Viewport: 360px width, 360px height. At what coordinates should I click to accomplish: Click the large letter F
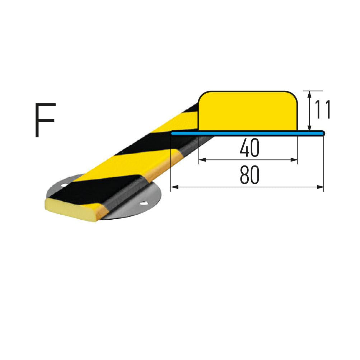(45, 120)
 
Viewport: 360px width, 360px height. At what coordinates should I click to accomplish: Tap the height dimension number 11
(322, 109)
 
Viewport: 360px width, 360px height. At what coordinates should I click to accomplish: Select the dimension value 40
(249, 148)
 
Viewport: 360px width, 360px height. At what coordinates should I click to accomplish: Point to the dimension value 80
(249, 175)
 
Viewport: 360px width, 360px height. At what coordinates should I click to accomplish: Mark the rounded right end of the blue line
(323, 133)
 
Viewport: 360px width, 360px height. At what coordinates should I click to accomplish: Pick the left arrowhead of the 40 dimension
(202, 160)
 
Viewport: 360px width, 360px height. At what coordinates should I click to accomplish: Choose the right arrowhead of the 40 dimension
(294, 160)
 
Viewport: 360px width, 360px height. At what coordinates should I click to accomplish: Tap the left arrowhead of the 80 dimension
(174, 187)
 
